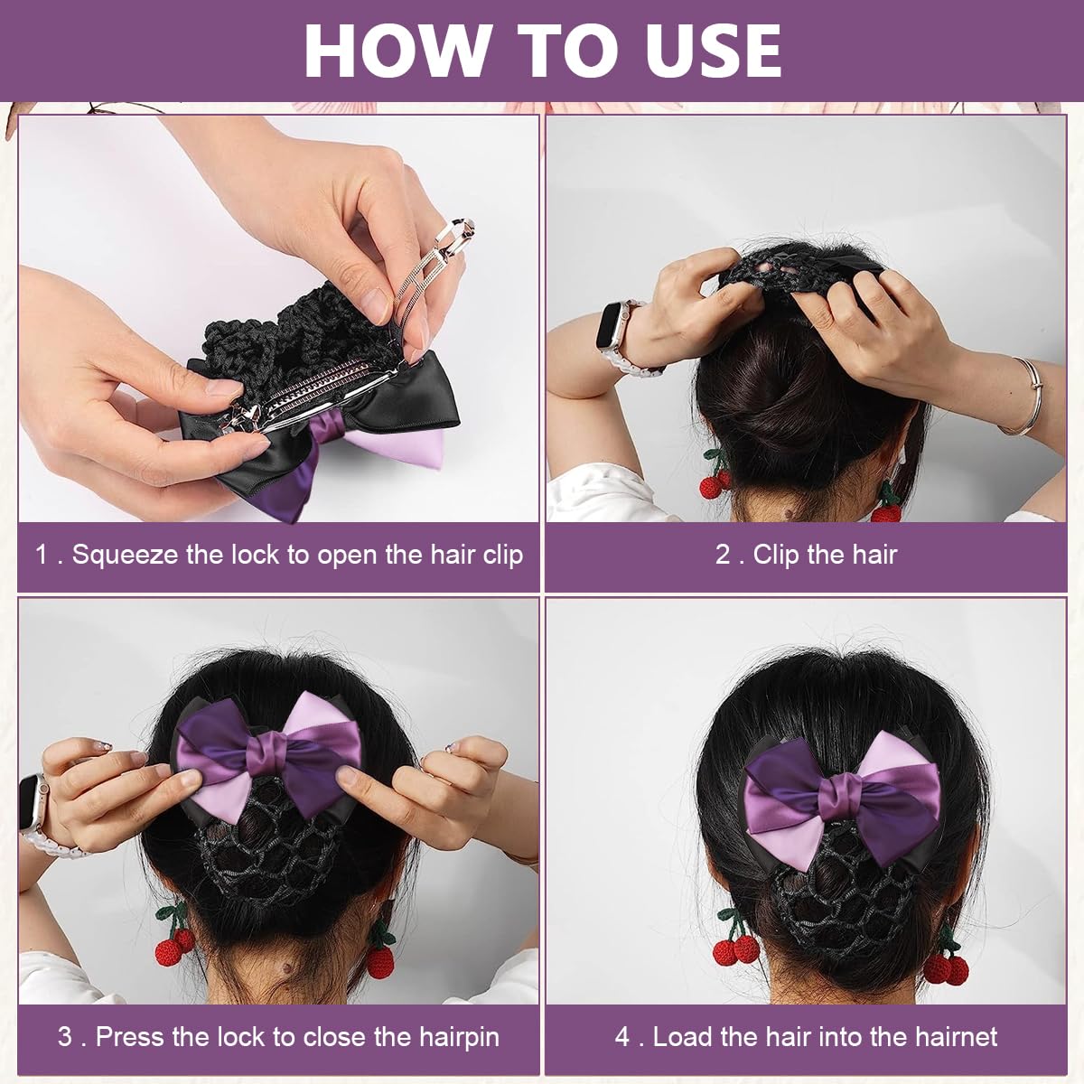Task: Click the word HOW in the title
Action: (x=395, y=51)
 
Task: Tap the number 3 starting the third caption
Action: (x=65, y=1037)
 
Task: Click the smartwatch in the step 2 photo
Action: (x=616, y=336)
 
